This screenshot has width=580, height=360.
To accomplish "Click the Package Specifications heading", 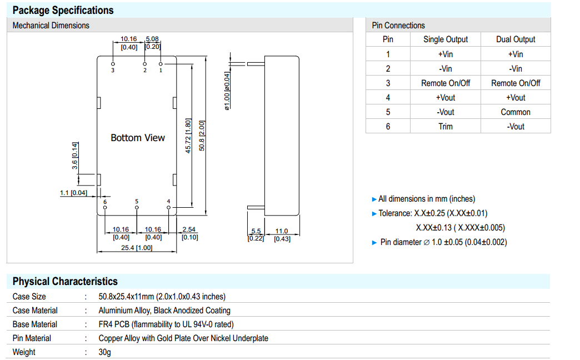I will (x=63, y=10).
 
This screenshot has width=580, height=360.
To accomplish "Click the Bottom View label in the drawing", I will (x=138, y=138).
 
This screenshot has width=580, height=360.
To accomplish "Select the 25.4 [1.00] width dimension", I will (x=136, y=248).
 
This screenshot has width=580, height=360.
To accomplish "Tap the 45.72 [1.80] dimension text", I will (x=188, y=136).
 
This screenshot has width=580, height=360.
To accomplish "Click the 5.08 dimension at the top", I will (x=152, y=39).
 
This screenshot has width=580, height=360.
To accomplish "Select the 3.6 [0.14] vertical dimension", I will (x=74, y=156).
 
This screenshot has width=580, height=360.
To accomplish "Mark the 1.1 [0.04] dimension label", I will (x=73, y=193).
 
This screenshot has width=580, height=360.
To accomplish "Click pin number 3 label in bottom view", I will (x=113, y=71).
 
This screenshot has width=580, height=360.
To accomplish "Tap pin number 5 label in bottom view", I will (x=137, y=201).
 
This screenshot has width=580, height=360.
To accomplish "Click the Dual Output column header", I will (x=516, y=39).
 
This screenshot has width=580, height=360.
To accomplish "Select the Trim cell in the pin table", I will (x=446, y=126).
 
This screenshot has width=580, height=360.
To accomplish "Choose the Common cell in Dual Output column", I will (x=516, y=112).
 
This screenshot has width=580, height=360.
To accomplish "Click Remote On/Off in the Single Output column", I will (x=446, y=83).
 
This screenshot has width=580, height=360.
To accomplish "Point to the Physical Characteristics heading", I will (x=65, y=281).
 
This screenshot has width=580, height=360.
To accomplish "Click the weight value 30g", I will (x=104, y=352).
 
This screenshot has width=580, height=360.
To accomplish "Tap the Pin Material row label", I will (x=32, y=338).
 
